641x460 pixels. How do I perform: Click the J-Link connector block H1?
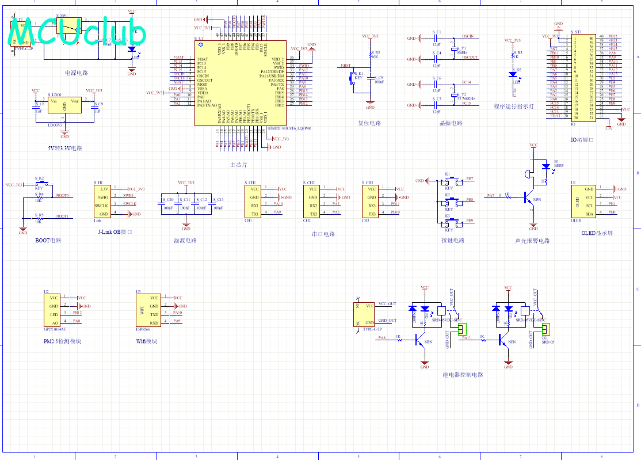tap(103, 202)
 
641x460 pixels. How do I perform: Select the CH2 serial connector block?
tap(313, 202)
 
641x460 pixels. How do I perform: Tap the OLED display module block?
tap(582, 202)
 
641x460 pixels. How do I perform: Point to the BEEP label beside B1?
tap(559, 165)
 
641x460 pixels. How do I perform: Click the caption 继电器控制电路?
tap(463, 375)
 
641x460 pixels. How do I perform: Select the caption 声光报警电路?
tap(532, 241)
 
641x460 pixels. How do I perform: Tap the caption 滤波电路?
tap(185, 241)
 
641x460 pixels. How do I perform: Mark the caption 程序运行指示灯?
tap(514, 107)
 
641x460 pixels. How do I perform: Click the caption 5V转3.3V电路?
tap(65, 148)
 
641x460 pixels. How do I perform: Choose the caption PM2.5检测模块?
tap(62, 341)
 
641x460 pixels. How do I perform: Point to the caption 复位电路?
tap(369, 123)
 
